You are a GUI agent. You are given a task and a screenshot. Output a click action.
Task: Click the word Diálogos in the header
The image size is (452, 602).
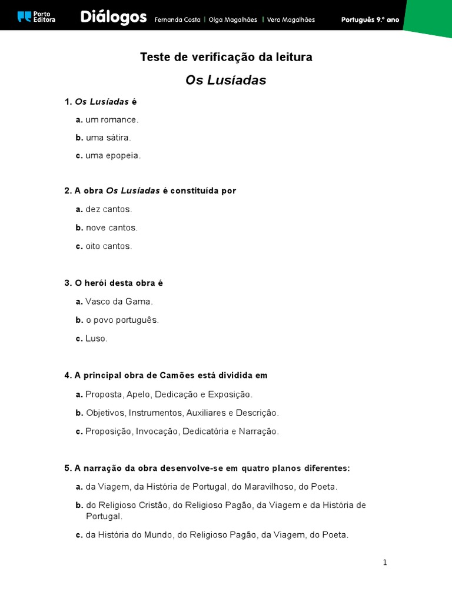click(114, 18)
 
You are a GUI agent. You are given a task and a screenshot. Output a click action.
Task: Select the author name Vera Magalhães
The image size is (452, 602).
click(291, 20)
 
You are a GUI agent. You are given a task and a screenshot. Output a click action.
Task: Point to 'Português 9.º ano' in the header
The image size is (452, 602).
click(370, 20)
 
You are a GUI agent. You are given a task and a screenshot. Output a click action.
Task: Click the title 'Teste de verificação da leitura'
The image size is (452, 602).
click(226, 57)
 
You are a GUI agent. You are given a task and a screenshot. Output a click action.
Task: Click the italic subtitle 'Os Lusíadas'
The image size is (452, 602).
click(226, 81)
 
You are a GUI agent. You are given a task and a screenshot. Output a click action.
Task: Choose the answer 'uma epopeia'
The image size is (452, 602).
click(113, 156)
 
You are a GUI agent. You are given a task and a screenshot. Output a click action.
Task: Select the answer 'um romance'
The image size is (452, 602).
click(112, 119)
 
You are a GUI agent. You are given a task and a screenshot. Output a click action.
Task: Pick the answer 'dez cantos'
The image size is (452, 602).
click(109, 209)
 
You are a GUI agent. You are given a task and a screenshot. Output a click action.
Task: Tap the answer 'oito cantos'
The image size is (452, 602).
click(109, 246)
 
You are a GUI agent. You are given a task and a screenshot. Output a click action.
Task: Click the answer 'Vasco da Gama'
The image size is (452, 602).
click(119, 302)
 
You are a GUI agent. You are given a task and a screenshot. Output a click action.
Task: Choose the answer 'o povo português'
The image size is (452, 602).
click(122, 320)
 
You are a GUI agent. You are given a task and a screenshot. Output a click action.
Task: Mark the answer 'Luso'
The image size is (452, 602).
click(97, 339)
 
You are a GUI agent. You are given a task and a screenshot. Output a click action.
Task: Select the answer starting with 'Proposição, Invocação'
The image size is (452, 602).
click(182, 432)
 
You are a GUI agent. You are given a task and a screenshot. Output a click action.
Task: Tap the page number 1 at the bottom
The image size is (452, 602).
click(385, 563)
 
